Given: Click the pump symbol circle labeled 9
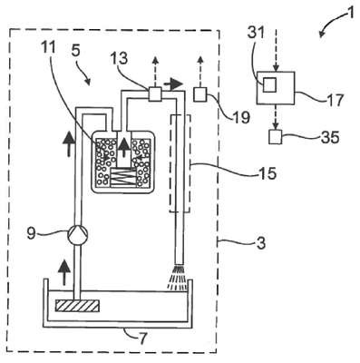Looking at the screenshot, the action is tap(77, 234).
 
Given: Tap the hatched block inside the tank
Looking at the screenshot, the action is tap(77, 306).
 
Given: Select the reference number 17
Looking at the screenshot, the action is tap(335, 100).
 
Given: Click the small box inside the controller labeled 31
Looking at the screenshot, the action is tap(269, 84).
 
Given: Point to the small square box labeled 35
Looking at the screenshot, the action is tap(275, 137).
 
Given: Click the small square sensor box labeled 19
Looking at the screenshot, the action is tap(199, 94).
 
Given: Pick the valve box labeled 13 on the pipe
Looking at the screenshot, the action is tap(156, 93).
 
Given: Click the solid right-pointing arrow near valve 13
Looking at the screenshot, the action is tap(173, 84).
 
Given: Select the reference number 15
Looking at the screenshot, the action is tap(267, 173).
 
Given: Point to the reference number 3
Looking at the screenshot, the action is tap(260, 242).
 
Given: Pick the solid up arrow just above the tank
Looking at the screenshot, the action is tap(63, 273).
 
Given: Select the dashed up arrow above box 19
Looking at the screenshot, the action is tap(199, 72).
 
